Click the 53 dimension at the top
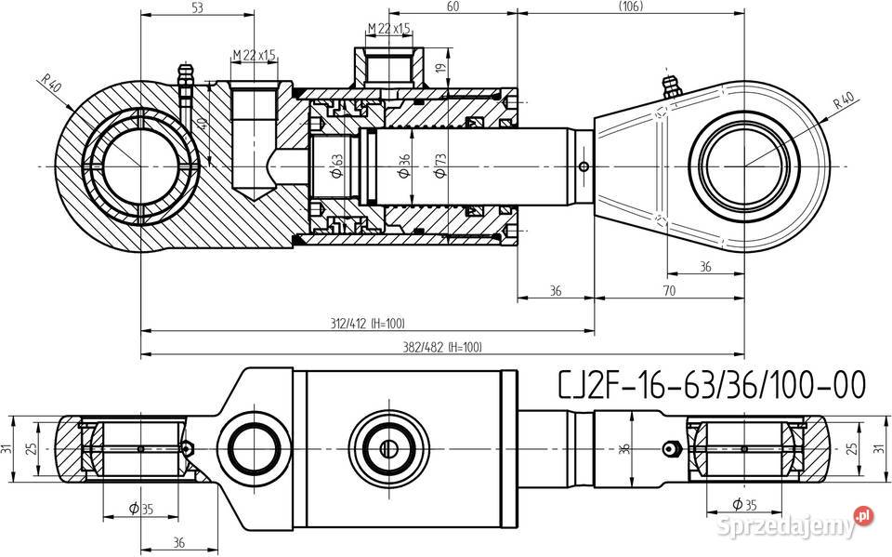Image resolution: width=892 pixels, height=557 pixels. (196, 8)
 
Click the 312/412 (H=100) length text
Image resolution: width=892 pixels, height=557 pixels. (368, 323)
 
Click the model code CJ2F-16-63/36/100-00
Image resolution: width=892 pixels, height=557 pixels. (712, 384)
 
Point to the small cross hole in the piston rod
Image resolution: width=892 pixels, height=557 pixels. (583, 167)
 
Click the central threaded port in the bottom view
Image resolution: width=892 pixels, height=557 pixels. (388, 446)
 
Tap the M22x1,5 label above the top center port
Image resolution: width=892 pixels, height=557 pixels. (388, 29)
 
